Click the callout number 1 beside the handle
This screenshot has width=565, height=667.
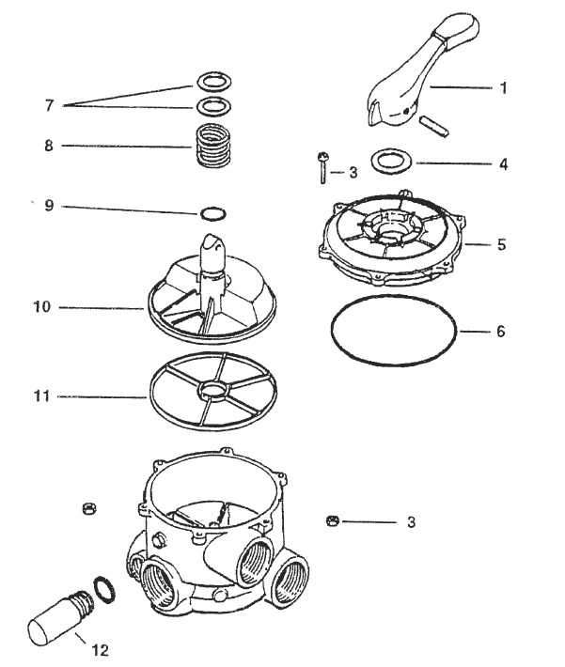point(503,88)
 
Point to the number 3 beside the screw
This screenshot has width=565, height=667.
point(353,173)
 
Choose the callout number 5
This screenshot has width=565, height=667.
point(502,245)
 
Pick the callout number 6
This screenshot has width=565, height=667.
point(502,332)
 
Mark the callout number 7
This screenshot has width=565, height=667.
point(49,106)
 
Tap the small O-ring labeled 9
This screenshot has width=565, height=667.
point(213,213)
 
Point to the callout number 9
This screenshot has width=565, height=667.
point(49,205)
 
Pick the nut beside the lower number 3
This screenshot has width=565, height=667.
point(331,521)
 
